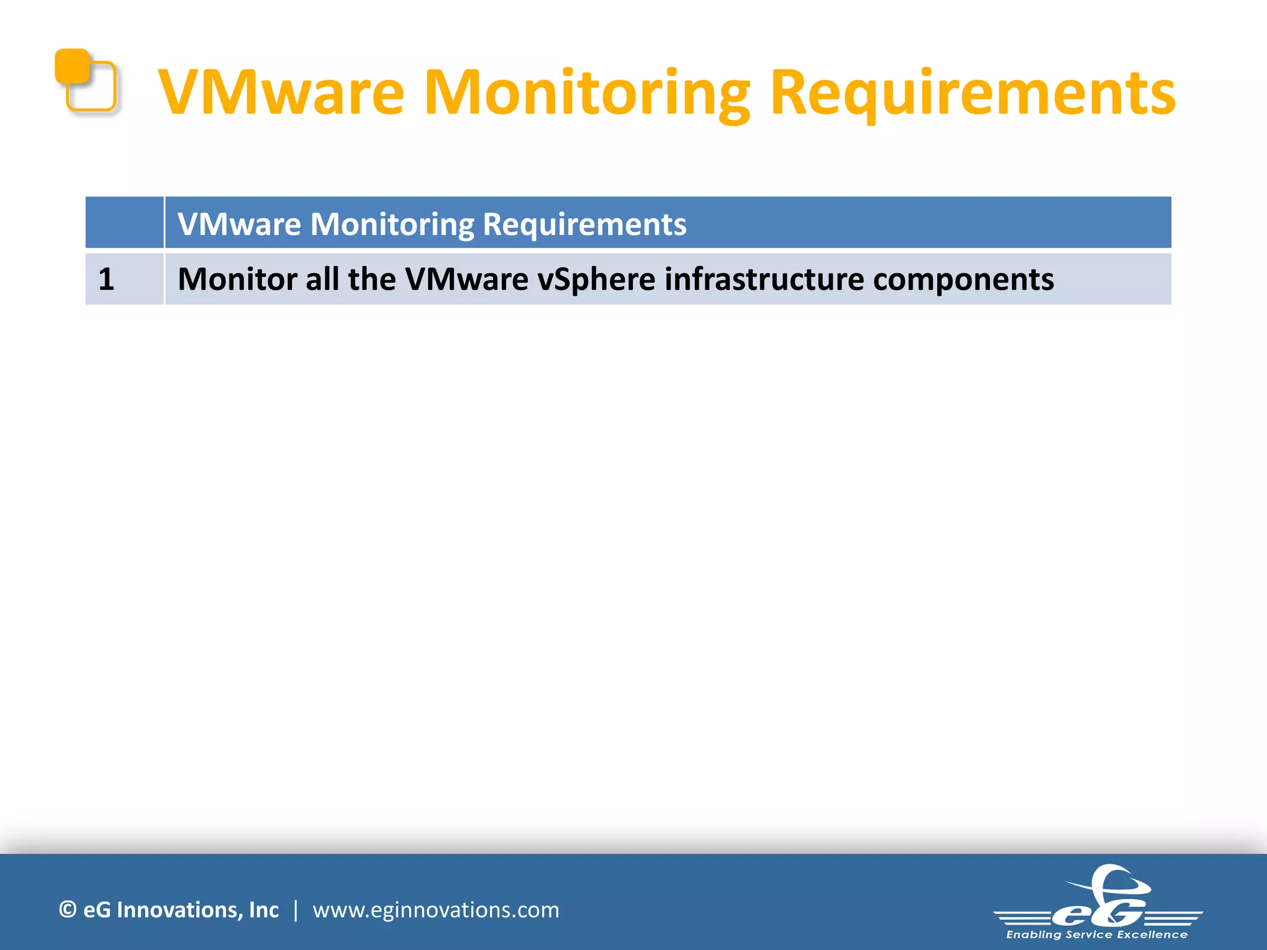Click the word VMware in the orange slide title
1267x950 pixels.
point(281,93)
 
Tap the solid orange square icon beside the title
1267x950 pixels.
point(71,65)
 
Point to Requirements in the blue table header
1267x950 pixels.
point(584,224)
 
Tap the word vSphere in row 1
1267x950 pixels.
point(596,279)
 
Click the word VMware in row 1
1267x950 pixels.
point(466,279)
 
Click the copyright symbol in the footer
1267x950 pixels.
point(67,910)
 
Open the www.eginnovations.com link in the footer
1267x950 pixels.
point(436,910)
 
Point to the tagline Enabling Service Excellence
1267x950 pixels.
point(1097,935)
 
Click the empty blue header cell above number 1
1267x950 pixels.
point(124,223)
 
